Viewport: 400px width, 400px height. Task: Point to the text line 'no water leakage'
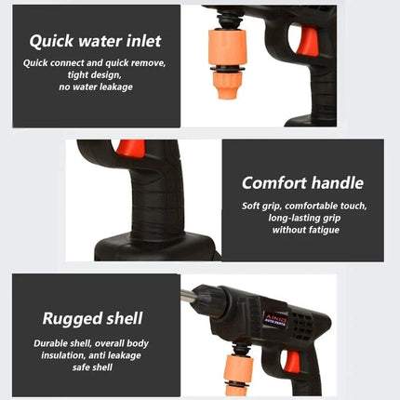coord(95,86)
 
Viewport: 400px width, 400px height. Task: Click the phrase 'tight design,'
coord(95,74)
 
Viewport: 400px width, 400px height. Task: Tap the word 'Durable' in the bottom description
coord(54,341)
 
